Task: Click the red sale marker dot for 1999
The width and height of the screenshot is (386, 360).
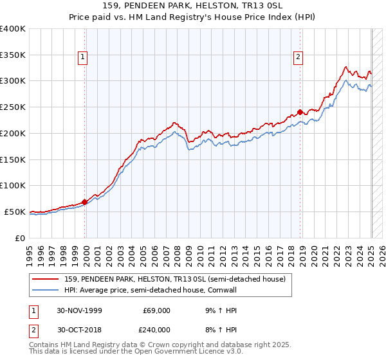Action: (x=85, y=201)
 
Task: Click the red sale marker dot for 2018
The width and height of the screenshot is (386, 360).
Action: (x=300, y=112)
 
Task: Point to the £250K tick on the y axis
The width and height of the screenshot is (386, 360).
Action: (x=13, y=107)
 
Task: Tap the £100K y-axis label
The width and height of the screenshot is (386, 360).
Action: (x=13, y=185)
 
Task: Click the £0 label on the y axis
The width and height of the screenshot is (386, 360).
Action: (x=19, y=238)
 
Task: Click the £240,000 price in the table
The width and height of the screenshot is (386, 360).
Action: (x=156, y=330)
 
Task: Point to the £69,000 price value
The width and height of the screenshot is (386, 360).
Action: (x=156, y=310)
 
